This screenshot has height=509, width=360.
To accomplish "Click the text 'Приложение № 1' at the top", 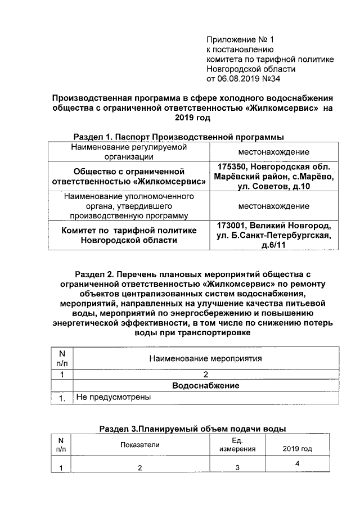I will [239, 40].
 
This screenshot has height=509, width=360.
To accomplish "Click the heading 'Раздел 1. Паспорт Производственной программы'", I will [179, 137].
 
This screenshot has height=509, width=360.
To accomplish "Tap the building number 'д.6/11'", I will [274, 246].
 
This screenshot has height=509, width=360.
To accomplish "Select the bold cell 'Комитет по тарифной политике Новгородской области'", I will [130, 235].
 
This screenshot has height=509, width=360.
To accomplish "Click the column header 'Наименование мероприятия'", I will [206, 358].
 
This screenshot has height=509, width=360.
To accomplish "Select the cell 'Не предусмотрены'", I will [113, 397].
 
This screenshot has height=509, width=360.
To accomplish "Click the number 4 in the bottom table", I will [296, 463].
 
